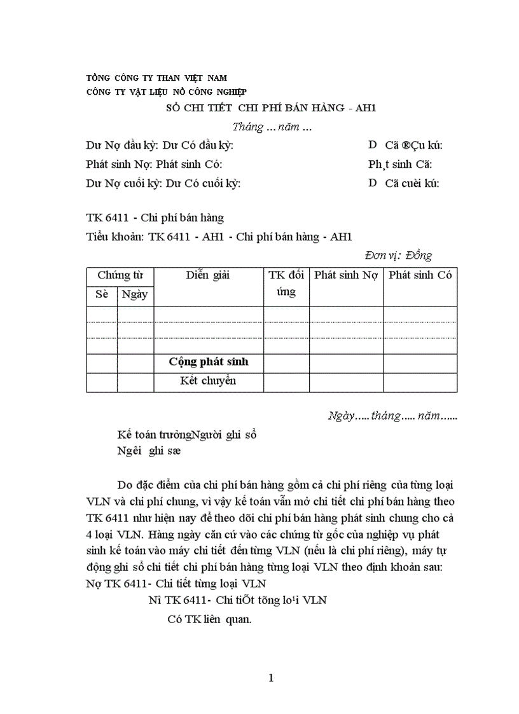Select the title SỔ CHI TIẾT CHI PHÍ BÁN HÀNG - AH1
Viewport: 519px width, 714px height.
point(271,109)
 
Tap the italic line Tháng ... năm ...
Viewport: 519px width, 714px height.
point(272,127)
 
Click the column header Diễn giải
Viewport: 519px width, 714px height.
point(208,275)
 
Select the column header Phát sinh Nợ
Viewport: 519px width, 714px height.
point(345,275)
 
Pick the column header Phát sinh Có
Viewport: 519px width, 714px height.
point(420,275)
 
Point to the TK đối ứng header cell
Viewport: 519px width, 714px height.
point(286,284)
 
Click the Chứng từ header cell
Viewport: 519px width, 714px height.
point(120,275)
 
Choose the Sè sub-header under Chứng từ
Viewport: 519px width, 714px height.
point(102,294)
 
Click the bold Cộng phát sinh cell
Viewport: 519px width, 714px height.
point(208,362)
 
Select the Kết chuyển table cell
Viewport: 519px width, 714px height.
point(208,381)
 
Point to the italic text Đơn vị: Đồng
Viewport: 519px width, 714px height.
point(398,256)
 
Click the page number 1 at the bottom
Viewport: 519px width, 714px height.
point(271,678)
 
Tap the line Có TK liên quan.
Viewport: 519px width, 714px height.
point(209,616)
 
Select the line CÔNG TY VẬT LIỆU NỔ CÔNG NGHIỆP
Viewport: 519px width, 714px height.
point(167,92)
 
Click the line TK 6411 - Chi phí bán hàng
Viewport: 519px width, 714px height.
point(155,218)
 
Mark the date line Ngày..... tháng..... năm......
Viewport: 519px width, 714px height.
point(392,416)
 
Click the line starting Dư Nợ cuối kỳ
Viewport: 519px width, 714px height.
point(163,184)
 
